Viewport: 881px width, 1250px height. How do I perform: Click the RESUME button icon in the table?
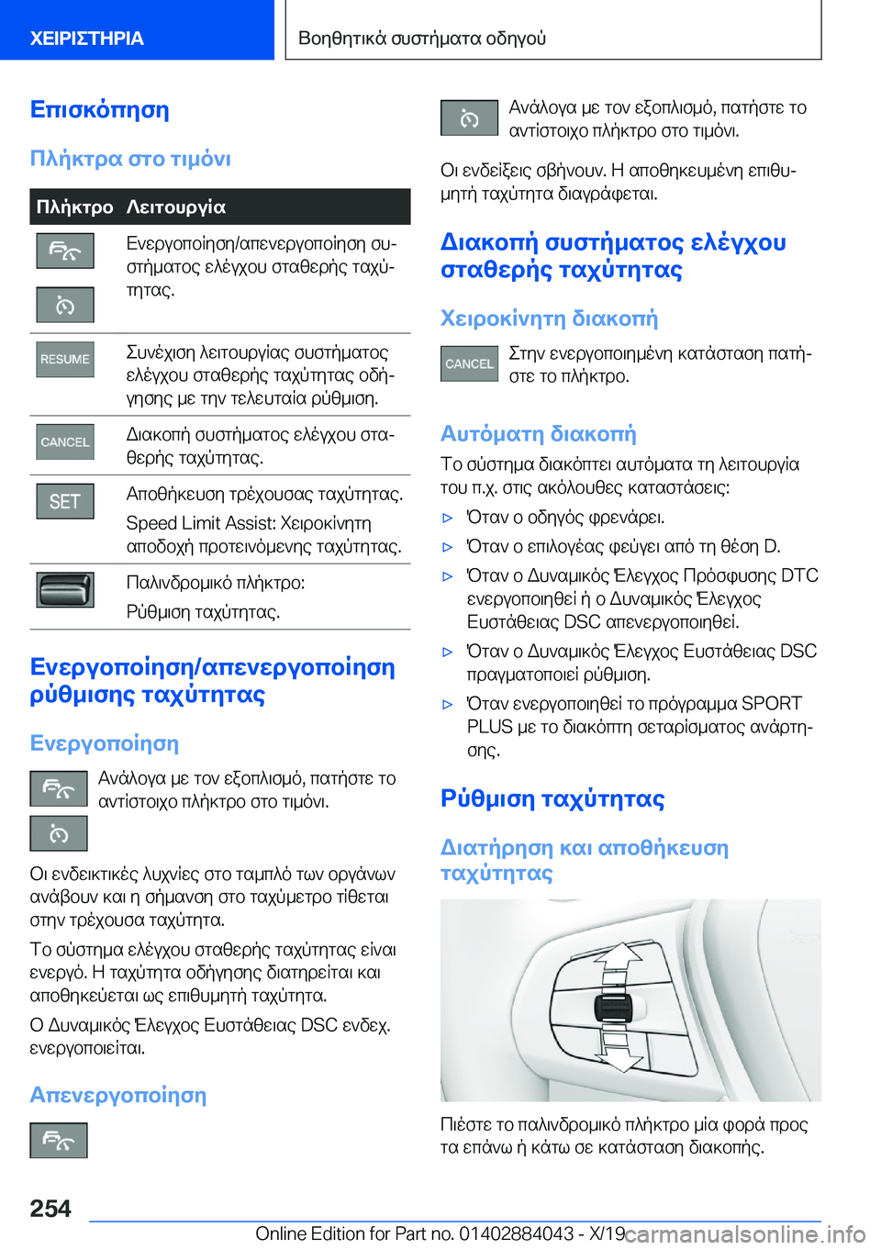coord(65,359)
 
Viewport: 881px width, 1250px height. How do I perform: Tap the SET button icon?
coord(65,501)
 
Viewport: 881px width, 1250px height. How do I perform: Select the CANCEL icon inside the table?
coord(65,441)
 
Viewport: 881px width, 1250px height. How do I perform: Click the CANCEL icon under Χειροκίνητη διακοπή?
coord(469,363)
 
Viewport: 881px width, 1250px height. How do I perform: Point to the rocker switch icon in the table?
coord(65,590)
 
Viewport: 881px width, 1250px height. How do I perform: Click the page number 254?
coord(50,1209)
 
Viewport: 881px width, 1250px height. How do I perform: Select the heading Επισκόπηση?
coord(99,109)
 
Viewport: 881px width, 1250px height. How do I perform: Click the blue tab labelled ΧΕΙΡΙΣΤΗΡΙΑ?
coord(87,39)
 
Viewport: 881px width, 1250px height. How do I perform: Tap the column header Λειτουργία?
coord(176,206)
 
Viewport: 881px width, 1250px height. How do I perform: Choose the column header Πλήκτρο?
coord(74,206)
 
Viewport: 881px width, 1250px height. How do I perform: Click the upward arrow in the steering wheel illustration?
coord(619,959)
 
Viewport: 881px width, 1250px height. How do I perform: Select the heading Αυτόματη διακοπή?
coord(538,433)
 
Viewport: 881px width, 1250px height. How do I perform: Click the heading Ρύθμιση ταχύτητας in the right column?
coord(552,798)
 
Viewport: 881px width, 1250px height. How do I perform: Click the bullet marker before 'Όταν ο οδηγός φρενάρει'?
coord(448,518)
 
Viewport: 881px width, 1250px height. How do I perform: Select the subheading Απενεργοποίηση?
coord(118,1095)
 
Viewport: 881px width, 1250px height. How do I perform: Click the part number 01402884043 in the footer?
coord(516,1233)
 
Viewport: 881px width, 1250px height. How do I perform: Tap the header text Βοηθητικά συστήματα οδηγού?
coord(422,39)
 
